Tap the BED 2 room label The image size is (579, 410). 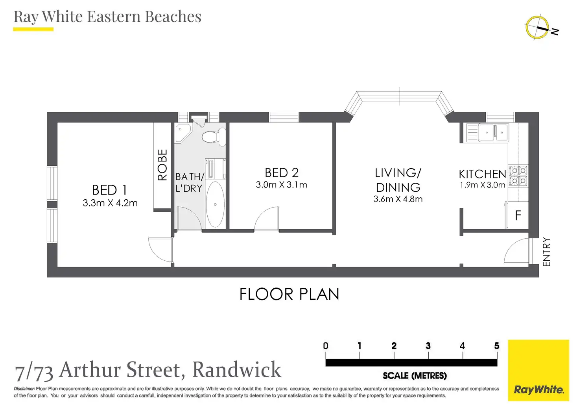pyautogui.click(x=281, y=173)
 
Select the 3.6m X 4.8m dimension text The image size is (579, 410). pyautogui.click(x=398, y=199)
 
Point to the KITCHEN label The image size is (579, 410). pyautogui.click(x=482, y=174)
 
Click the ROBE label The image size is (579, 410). pyautogui.click(x=162, y=165)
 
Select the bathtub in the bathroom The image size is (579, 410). pyautogui.click(x=215, y=204)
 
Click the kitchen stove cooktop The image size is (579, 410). pyautogui.click(x=518, y=176)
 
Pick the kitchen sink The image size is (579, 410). pyautogui.click(x=487, y=132)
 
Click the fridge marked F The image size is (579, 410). pyautogui.click(x=517, y=215)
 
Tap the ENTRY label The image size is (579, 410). pyautogui.click(x=546, y=252)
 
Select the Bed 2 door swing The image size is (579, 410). pyautogui.click(x=266, y=219)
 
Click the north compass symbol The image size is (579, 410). pyautogui.click(x=537, y=28)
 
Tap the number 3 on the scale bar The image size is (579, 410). pyautogui.click(x=428, y=346)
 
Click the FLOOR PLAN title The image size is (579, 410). pyautogui.click(x=289, y=294)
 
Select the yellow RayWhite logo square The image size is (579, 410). pyautogui.click(x=538, y=370)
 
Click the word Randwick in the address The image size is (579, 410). pyautogui.click(x=236, y=369)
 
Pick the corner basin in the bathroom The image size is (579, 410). pyautogui.click(x=183, y=132)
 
